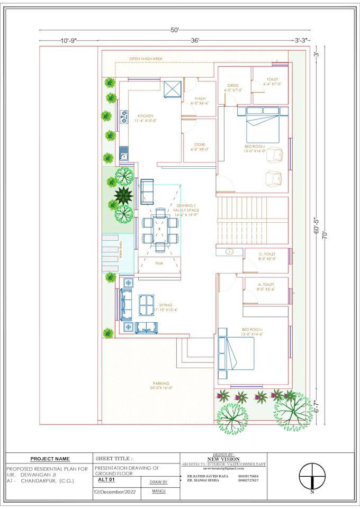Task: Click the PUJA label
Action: click(159, 262)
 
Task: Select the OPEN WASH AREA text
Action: click(146, 59)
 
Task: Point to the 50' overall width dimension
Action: click(175, 30)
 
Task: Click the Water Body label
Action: click(121, 249)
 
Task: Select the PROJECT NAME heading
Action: click(50, 459)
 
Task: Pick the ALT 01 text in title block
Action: click(106, 479)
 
